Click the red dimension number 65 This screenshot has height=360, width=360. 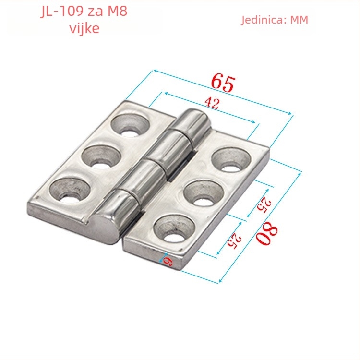[x=223, y=83]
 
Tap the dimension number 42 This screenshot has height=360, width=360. [x=212, y=103]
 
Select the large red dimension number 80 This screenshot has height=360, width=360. [x=267, y=233]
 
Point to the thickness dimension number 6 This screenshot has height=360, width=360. [x=168, y=261]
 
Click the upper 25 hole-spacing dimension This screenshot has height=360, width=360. [x=264, y=205]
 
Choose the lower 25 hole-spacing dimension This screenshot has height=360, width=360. [x=234, y=241]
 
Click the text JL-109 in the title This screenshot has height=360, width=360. [x=62, y=11]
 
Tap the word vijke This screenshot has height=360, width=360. [x=84, y=28]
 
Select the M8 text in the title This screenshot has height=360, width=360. [x=117, y=11]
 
